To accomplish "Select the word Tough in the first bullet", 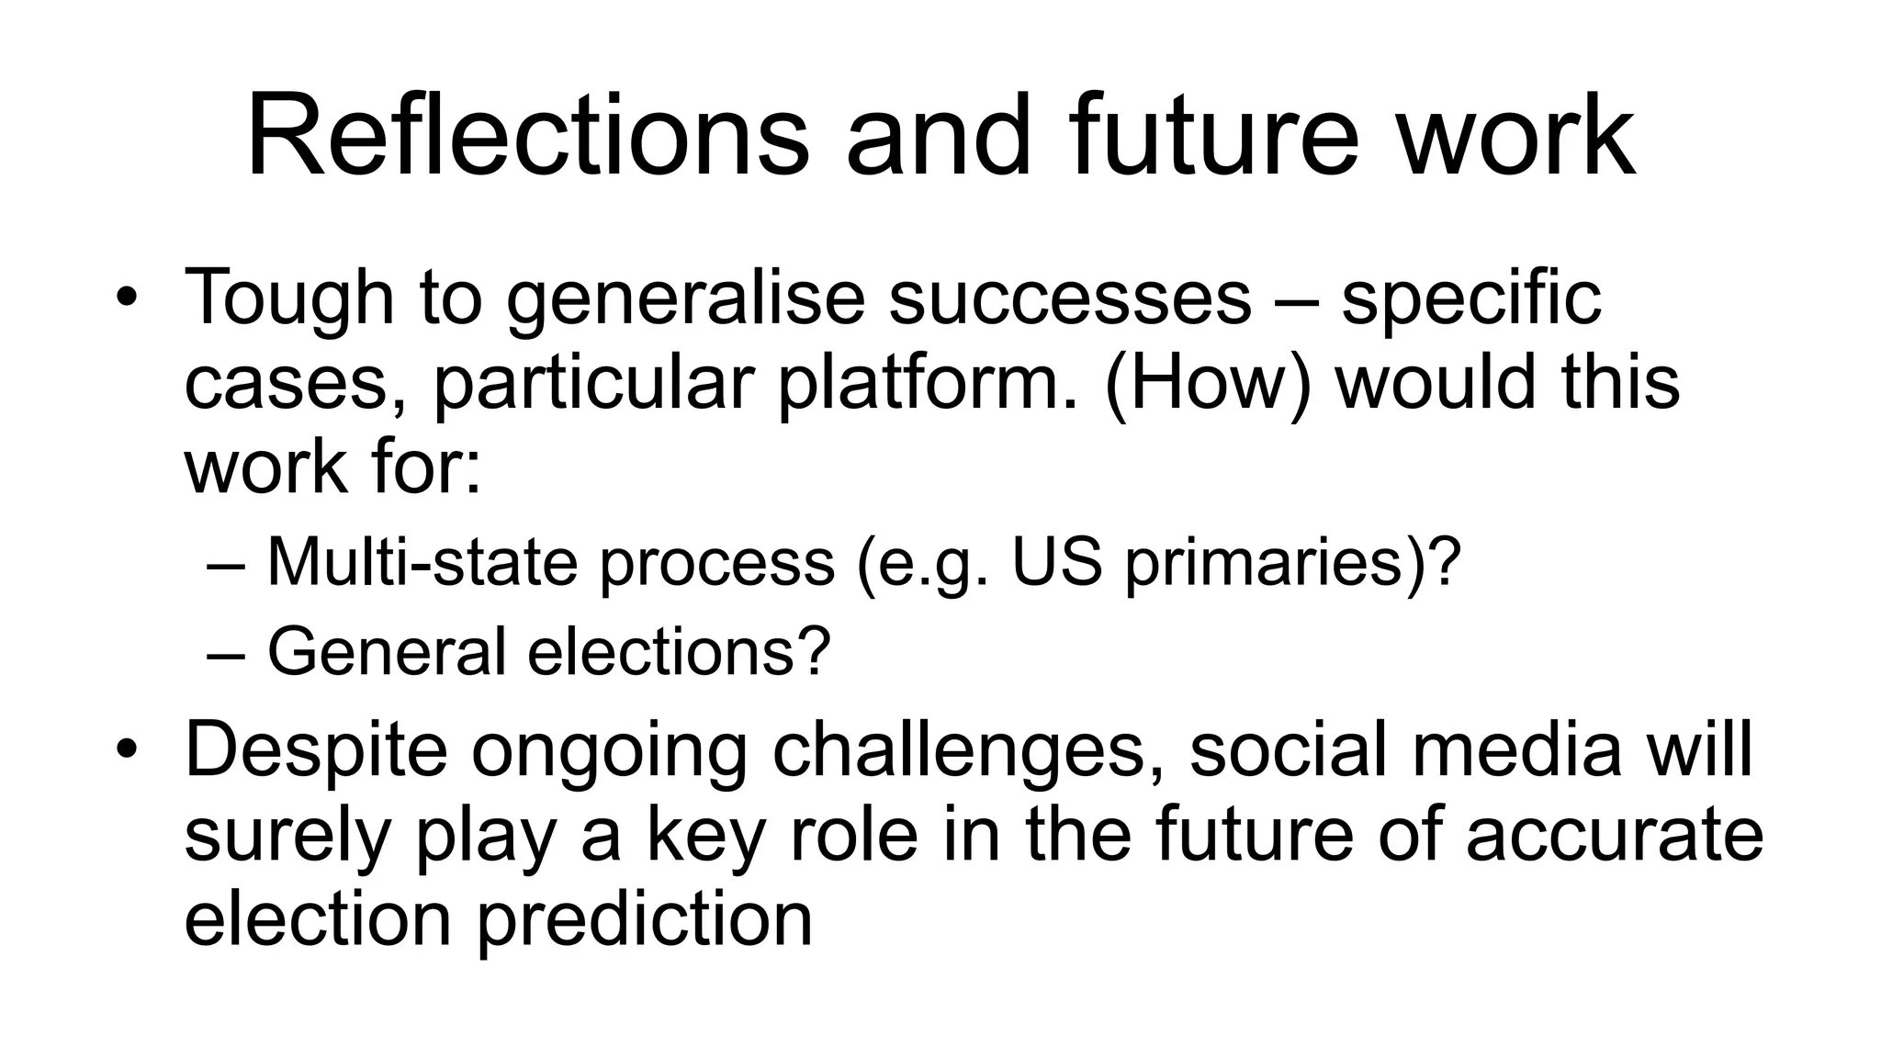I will [x=289, y=298].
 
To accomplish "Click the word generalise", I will [x=685, y=298].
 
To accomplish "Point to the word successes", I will [x=1070, y=298].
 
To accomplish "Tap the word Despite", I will [x=315, y=749].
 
